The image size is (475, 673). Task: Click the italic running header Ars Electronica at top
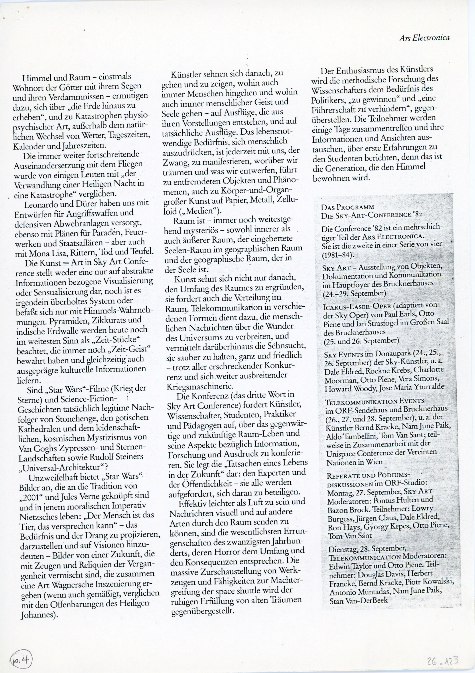[424, 38]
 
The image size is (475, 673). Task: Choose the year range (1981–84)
[337, 255]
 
